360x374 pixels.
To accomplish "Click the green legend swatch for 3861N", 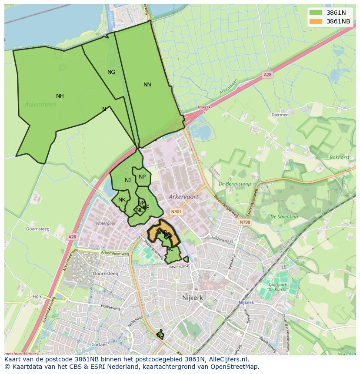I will point(316,13).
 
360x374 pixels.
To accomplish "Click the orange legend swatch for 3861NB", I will point(316,21).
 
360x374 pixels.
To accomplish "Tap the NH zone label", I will point(60,96).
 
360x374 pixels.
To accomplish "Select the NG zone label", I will point(111,72).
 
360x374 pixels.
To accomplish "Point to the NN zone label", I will point(147,85).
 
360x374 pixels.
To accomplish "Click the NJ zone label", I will point(128,180).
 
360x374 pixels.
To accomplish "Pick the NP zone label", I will point(142,177).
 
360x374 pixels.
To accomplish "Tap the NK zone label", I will point(122,200).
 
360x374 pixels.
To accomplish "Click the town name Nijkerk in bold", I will point(192,298).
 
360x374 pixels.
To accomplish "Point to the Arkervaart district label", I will point(183,197).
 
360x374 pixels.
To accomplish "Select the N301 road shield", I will point(176,212).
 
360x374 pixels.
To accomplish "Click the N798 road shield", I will point(245,222).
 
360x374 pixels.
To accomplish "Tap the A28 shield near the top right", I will point(267,75).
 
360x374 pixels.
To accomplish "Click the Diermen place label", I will point(280,115).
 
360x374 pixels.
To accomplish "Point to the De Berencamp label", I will point(235,184).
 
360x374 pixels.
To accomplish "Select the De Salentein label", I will point(284,216).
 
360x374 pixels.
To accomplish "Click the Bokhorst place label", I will point(339,157).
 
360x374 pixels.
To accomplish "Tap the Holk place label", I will point(37,296).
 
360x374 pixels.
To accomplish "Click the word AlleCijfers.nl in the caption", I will point(228,359).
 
